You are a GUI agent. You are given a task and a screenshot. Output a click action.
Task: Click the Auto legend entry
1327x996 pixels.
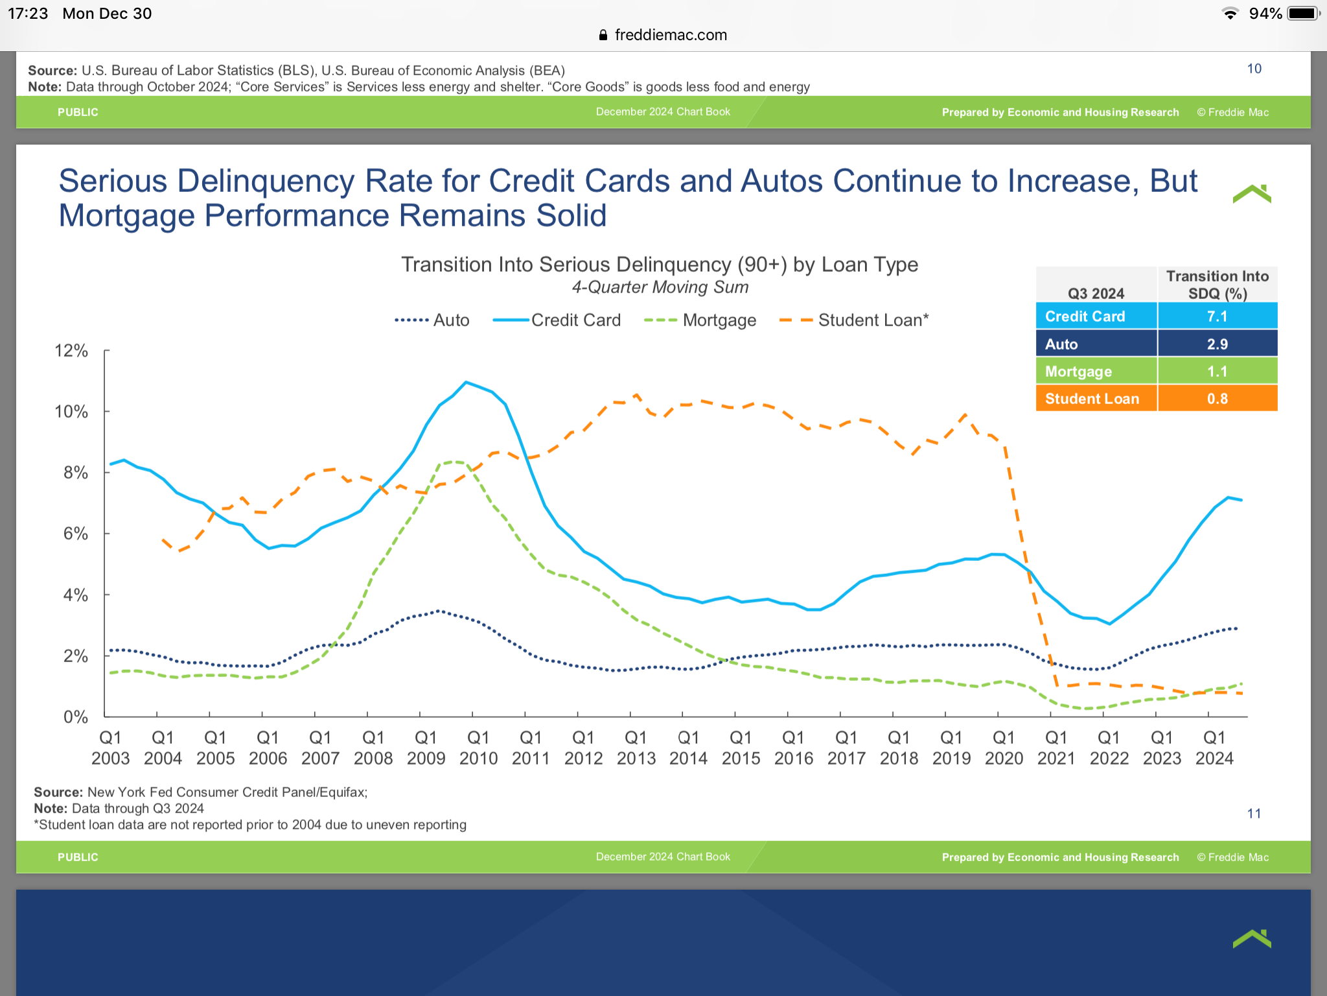point(432,320)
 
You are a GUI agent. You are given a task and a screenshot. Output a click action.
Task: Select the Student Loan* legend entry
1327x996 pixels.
point(854,320)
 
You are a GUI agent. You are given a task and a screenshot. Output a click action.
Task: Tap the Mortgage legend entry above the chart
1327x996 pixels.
point(700,320)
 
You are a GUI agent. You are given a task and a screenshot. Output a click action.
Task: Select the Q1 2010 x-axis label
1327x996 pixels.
point(478,748)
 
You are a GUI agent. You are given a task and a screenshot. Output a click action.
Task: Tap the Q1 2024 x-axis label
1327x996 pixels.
point(1214,748)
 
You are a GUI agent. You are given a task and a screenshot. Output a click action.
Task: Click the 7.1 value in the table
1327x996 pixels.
point(1217,316)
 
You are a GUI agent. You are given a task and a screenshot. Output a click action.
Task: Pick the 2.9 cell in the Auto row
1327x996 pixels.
point(1217,344)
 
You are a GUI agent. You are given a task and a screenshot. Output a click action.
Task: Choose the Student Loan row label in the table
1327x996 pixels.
point(1092,399)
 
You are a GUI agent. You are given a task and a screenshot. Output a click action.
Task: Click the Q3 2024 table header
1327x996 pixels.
point(1096,293)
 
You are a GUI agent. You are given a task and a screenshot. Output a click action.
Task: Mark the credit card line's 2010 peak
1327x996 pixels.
point(466,382)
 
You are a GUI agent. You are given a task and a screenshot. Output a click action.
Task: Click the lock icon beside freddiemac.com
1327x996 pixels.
point(603,35)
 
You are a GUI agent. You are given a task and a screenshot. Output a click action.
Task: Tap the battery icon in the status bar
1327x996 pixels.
point(1303,14)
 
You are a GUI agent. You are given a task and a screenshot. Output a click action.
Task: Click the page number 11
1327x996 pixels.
point(1254,813)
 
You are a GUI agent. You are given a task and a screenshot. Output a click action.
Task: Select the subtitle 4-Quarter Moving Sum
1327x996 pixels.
point(660,287)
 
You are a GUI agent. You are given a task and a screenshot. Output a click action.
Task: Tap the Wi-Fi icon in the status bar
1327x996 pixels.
point(1230,14)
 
